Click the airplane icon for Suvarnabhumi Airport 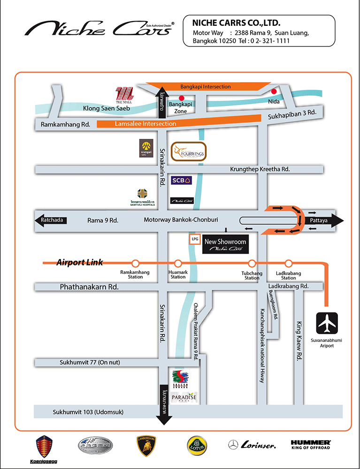pyautogui.click(x=327, y=323)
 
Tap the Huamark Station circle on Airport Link pyautogui.click(x=178, y=263)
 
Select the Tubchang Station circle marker pyautogui.click(x=252, y=263)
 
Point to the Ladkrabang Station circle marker pyautogui.click(x=288, y=263)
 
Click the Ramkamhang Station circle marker pyautogui.click(x=135, y=263)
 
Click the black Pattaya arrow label pyautogui.click(x=324, y=220)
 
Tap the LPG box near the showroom pyautogui.click(x=195, y=239)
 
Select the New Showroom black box pyautogui.click(x=225, y=244)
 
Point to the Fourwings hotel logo pyautogui.click(x=189, y=151)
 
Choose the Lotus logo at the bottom pyautogui.click(x=197, y=445)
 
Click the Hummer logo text pyautogui.click(x=311, y=444)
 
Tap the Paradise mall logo pyautogui.click(x=184, y=397)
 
